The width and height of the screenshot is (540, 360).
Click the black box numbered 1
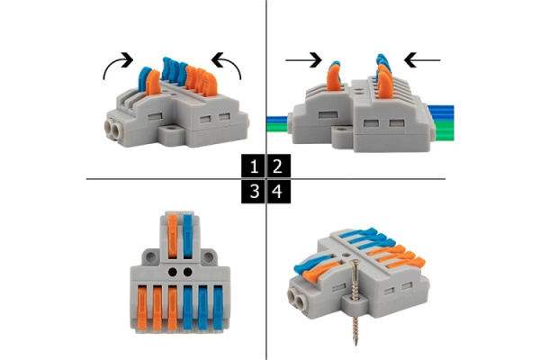[253, 166]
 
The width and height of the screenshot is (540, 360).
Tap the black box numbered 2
[279, 166]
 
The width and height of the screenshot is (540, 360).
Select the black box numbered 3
[253, 192]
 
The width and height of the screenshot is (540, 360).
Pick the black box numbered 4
[279, 192]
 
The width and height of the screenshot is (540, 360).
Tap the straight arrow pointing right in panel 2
[303, 60]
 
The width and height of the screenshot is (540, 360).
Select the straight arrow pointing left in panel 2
[422, 60]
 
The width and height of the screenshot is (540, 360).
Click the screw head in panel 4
[355, 265]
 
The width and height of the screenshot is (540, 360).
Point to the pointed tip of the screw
[355, 345]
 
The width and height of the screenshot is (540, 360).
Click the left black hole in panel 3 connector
[173, 272]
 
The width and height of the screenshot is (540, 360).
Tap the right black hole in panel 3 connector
[188, 272]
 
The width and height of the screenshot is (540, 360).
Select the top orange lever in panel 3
[173, 237]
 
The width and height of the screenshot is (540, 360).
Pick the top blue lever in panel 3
[188, 237]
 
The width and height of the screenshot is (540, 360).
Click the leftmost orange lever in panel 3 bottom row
[142, 308]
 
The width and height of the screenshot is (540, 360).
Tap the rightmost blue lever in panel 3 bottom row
[218, 308]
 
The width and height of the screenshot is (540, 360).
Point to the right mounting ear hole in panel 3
[208, 257]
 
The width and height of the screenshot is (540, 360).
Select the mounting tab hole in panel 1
[170, 130]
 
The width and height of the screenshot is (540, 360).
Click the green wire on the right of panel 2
[445, 130]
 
